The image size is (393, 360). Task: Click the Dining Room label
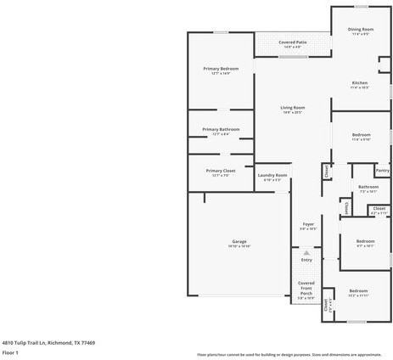[x=360, y=30]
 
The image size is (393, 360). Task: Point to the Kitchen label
[x=360, y=82]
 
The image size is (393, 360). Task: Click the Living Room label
[x=293, y=108]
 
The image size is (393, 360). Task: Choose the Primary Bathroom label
[x=221, y=129]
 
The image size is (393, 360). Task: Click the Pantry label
[x=382, y=171]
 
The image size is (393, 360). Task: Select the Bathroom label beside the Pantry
[x=368, y=187]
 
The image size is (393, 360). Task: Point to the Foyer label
[x=308, y=224]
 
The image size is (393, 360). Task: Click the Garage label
[x=239, y=242]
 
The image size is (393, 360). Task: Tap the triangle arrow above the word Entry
[x=306, y=253]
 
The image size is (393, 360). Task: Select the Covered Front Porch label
[x=306, y=287]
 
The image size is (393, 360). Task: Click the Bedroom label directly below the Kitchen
[x=361, y=135]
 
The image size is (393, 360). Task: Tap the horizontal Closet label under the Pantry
[x=379, y=208]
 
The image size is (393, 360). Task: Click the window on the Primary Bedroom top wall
[x=221, y=32]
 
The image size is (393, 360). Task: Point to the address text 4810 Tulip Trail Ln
[x=34, y=342]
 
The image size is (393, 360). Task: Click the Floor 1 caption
[x=10, y=352]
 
